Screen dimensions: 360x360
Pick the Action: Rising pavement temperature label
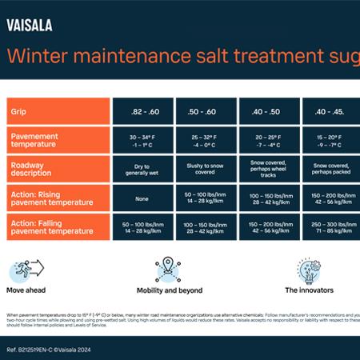click(x=57, y=198)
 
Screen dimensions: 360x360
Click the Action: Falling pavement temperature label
click(x=57, y=227)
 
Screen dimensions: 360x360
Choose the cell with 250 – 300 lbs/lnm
click(x=330, y=227)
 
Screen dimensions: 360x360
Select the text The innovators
click(x=309, y=290)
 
